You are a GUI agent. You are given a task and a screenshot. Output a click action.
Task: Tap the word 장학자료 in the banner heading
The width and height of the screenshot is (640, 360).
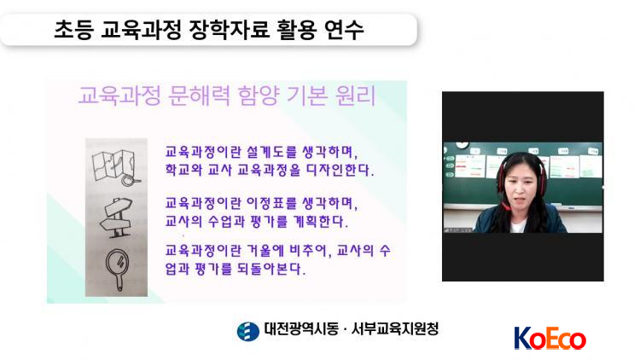229,29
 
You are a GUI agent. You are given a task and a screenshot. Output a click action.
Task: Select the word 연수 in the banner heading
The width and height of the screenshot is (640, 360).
344,29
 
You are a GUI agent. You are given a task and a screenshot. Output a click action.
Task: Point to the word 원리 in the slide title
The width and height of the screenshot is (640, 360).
355,96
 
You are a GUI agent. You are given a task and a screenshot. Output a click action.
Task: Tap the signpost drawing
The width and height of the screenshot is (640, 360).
117,218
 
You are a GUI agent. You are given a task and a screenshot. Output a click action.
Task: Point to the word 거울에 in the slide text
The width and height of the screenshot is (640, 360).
265,250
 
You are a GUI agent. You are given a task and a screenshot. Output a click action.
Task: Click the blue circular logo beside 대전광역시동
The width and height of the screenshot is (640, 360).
247,331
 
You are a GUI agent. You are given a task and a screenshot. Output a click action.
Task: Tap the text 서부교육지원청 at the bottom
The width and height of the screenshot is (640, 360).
395,329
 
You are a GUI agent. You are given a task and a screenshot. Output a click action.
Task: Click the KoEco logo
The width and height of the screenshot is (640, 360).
550,339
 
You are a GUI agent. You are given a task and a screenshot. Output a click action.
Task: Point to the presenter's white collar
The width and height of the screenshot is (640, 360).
518,226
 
